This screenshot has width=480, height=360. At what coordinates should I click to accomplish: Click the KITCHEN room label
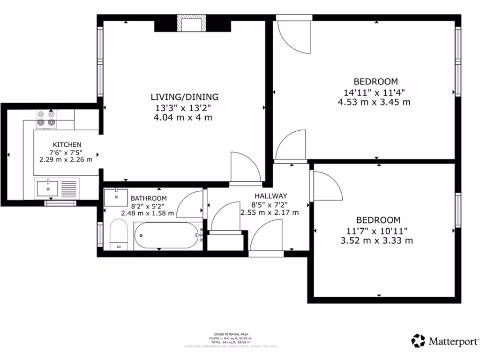pos(67,144)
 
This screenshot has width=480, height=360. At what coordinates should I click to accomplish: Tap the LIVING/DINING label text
pos(184,97)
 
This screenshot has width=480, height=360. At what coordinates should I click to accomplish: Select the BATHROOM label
pos(148,198)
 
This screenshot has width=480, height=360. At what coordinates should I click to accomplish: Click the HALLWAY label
pos(270,195)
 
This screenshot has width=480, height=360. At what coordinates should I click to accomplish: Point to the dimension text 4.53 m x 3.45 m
pos(374,102)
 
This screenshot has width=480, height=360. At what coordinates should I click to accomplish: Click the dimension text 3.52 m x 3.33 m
pos(377,241)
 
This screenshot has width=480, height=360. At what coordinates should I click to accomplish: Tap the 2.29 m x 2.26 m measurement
pos(66,159)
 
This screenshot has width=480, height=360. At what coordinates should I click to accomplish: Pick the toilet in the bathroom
pos(119,234)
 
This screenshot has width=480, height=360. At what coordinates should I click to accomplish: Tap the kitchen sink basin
pos(48,188)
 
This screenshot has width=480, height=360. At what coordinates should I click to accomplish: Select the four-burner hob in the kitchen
pos(45,118)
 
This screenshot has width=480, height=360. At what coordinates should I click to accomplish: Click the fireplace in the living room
pos(191,23)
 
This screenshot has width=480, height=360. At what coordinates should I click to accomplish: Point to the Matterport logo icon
pos(418,340)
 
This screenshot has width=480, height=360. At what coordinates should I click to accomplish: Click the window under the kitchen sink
pos(60,203)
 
